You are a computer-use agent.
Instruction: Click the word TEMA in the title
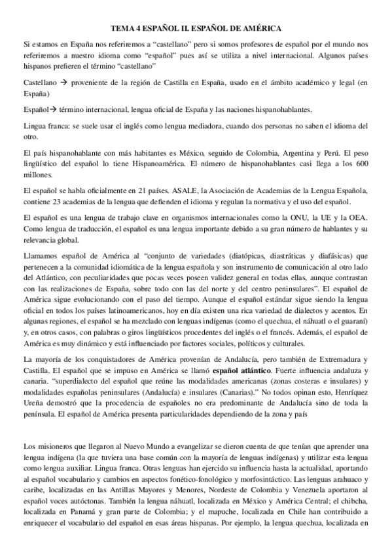pos(121,29)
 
